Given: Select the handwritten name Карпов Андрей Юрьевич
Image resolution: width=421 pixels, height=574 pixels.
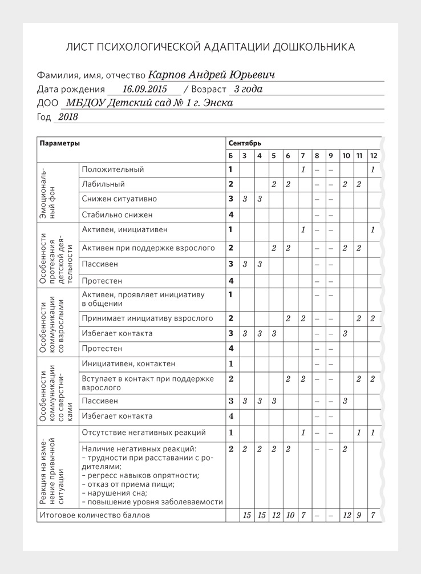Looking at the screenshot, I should pyautogui.click(x=211, y=75).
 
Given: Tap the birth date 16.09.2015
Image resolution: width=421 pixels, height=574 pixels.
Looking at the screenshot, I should pyautogui.click(x=144, y=89).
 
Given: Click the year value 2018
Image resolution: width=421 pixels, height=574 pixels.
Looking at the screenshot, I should pyautogui.click(x=68, y=117).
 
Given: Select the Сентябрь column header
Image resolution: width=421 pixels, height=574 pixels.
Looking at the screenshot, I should pyautogui.click(x=245, y=143).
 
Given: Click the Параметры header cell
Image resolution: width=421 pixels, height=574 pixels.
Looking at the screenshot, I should pyautogui.click(x=60, y=143).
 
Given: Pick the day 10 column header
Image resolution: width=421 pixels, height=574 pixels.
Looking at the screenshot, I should pyautogui.click(x=346, y=156).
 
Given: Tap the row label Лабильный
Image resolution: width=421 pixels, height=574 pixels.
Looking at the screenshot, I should pyautogui.click(x=103, y=184).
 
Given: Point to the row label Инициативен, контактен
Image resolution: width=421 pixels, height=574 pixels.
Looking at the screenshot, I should pyautogui.click(x=128, y=363).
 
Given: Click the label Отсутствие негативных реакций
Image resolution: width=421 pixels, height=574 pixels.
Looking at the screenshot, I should pyautogui.click(x=144, y=432).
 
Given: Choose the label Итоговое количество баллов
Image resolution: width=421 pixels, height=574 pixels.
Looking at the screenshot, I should pyautogui.click(x=94, y=515).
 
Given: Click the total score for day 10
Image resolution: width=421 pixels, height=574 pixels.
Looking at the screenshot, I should pyautogui.click(x=346, y=515).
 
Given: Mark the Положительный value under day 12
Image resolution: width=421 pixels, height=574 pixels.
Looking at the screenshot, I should pyautogui.click(x=373, y=169).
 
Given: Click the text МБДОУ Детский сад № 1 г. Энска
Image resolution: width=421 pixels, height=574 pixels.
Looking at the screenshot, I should pyautogui.click(x=149, y=103).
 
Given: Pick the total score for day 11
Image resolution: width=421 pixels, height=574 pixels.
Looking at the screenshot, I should pyautogui.click(x=359, y=515).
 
